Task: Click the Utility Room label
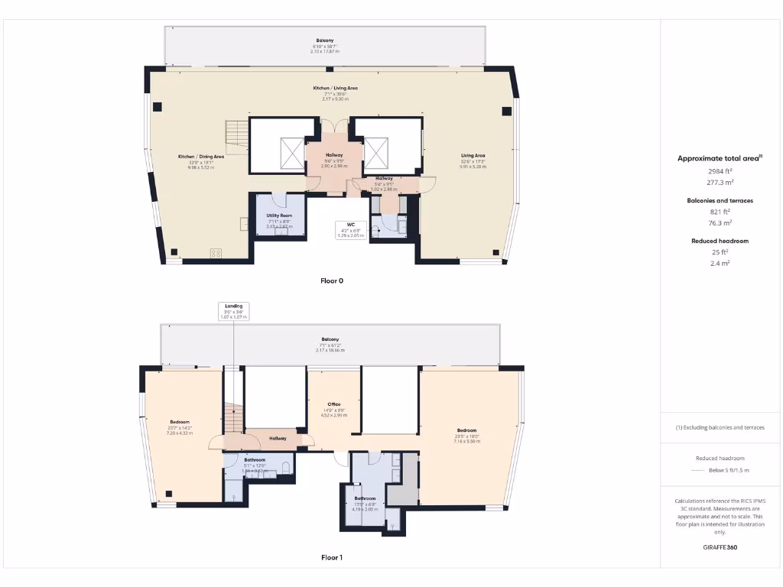279,216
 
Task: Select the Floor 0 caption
332,281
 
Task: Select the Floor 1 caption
332,558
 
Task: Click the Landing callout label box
233,311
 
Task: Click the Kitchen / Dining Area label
201,157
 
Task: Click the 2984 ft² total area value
720,171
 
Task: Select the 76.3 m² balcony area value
720,223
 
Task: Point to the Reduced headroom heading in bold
720,241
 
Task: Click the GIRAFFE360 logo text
720,547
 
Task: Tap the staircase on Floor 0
237,136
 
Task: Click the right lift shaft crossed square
376,152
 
